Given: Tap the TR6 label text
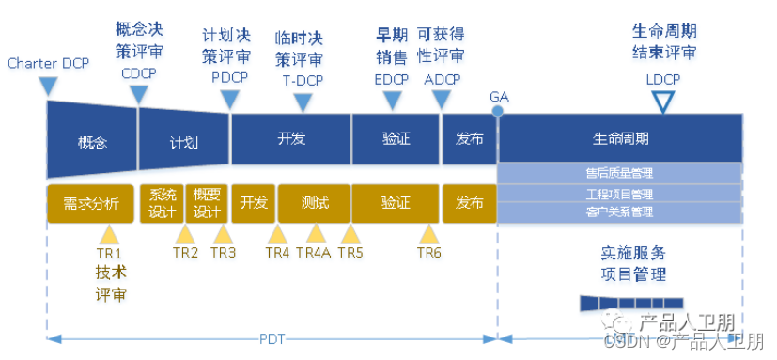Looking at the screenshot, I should coord(429,253).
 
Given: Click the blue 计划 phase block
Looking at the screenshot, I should coord(183,143).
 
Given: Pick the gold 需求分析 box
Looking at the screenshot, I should coord(91,203).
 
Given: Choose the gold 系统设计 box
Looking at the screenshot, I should coord(162,203).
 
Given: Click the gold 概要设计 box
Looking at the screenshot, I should coord(207,203).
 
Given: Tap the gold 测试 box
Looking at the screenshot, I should coord(315,203).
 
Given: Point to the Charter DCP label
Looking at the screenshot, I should coord(48,64).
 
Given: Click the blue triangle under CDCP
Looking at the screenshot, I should coord(139,94).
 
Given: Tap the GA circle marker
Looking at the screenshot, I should coord(498,111).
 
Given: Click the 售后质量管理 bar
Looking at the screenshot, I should coord(619,173).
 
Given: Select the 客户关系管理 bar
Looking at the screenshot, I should coord(619,212).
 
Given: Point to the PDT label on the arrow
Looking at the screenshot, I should coord(272,338).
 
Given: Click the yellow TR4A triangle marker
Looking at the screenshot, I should coord(316,233).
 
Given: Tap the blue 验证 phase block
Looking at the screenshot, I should coord(396,139).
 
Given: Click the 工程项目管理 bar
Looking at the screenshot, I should coord(619,194).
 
